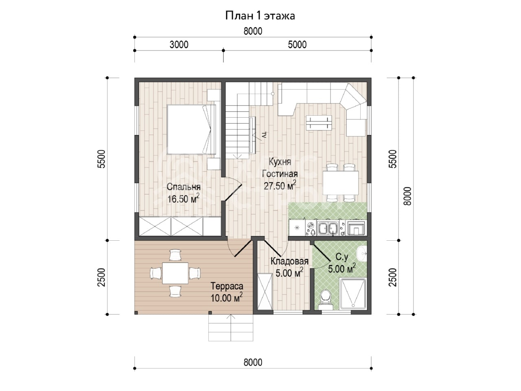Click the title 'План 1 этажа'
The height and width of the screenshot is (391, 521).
click(x=260, y=16)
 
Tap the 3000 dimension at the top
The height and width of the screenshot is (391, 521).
click(x=179, y=45)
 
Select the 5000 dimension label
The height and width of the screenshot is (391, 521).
click(x=297, y=45)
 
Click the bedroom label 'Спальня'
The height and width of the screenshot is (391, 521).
click(x=184, y=187)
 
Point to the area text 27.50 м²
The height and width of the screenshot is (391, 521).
click(x=280, y=186)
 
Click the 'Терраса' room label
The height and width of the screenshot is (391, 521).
click(x=227, y=286)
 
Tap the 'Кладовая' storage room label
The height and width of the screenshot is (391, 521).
click(x=289, y=261)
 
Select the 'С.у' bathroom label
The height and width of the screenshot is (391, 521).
click(x=342, y=257)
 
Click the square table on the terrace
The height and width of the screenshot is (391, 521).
click(x=175, y=273)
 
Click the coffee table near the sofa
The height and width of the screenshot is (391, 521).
click(x=319, y=123)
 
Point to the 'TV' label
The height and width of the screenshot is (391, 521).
click(x=265, y=135)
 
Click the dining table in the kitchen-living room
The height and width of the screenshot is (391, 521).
click(x=341, y=183)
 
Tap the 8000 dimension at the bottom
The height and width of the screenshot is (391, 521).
click(x=253, y=362)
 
